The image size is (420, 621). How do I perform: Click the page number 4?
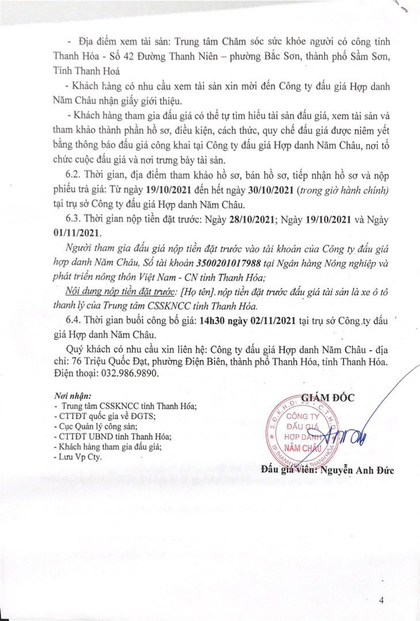point(381,601)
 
